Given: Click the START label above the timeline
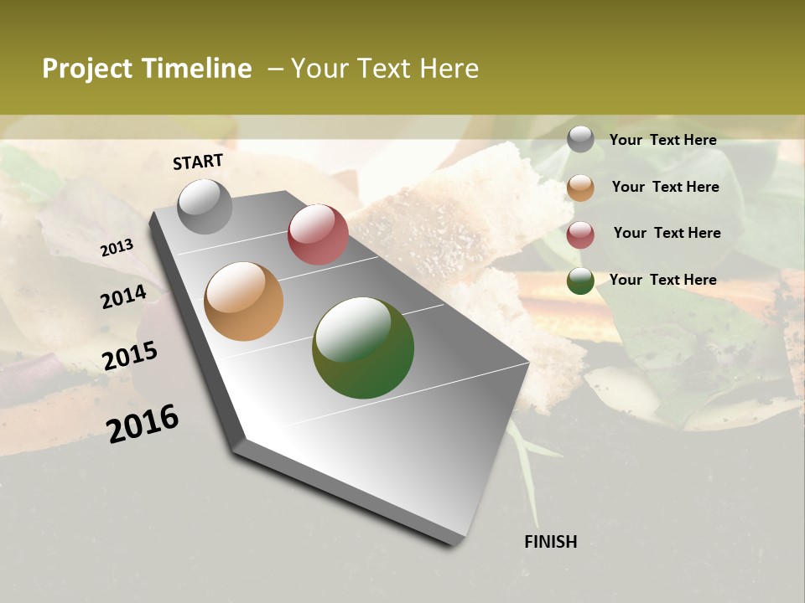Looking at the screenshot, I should (198, 162).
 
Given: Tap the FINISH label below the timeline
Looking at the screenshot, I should (550, 542).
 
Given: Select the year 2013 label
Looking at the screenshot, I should (117, 248).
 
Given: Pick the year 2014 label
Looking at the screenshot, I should (123, 297).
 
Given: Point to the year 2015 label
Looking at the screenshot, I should (130, 356).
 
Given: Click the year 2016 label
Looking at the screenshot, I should (143, 424).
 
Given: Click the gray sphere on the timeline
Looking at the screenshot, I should (205, 207).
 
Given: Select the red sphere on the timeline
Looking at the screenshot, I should (318, 234).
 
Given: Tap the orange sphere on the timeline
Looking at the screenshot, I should (244, 301).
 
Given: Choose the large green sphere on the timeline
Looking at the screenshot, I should (363, 348).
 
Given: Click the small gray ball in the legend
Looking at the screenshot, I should (580, 139).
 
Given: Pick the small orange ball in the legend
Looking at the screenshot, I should (580, 188).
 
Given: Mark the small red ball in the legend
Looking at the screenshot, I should (580, 234).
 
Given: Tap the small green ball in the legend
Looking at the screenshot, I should (580, 281).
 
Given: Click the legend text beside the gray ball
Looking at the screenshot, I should (662, 141).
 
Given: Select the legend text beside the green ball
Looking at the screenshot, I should (662, 280).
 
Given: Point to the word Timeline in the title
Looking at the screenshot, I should (197, 69).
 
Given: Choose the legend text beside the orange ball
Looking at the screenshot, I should (665, 187).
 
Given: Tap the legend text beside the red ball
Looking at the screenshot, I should (667, 233).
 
